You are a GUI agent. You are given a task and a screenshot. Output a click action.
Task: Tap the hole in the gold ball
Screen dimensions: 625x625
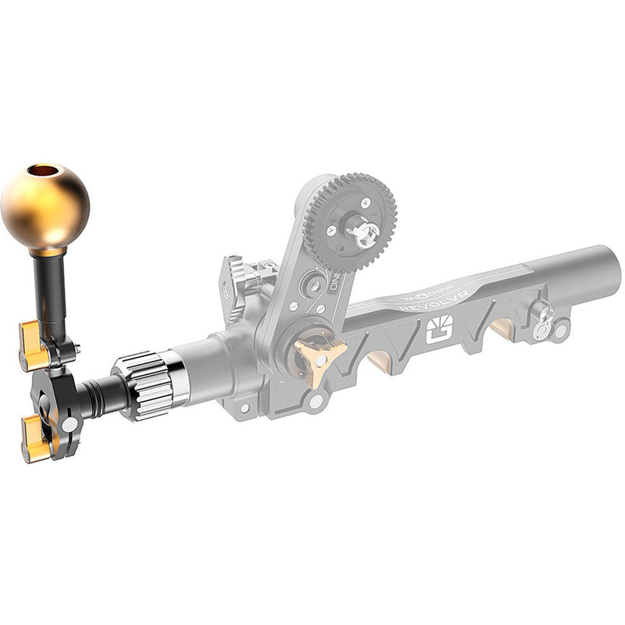(x=43, y=171)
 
